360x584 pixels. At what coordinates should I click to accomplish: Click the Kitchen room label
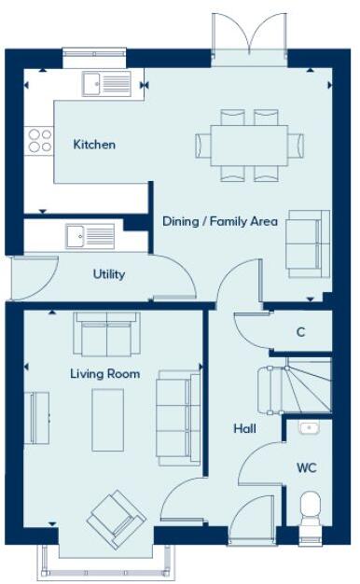[x=94, y=145]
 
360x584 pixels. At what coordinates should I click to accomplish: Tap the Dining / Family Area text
[x=220, y=221]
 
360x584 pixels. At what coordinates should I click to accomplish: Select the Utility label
[x=108, y=275]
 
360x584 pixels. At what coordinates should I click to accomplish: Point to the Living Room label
[x=104, y=374]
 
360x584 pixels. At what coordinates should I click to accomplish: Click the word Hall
[x=244, y=429]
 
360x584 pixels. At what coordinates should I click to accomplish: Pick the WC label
[x=307, y=466]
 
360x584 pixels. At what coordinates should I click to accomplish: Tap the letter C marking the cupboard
[x=300, y=332]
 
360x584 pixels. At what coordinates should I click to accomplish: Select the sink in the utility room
[x=90, y=237]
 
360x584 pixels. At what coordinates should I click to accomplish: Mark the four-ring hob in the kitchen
[x=40, y=140]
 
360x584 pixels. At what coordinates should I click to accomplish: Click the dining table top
[x=249, y=145]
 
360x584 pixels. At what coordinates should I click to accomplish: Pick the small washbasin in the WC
[x=310, y=429]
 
